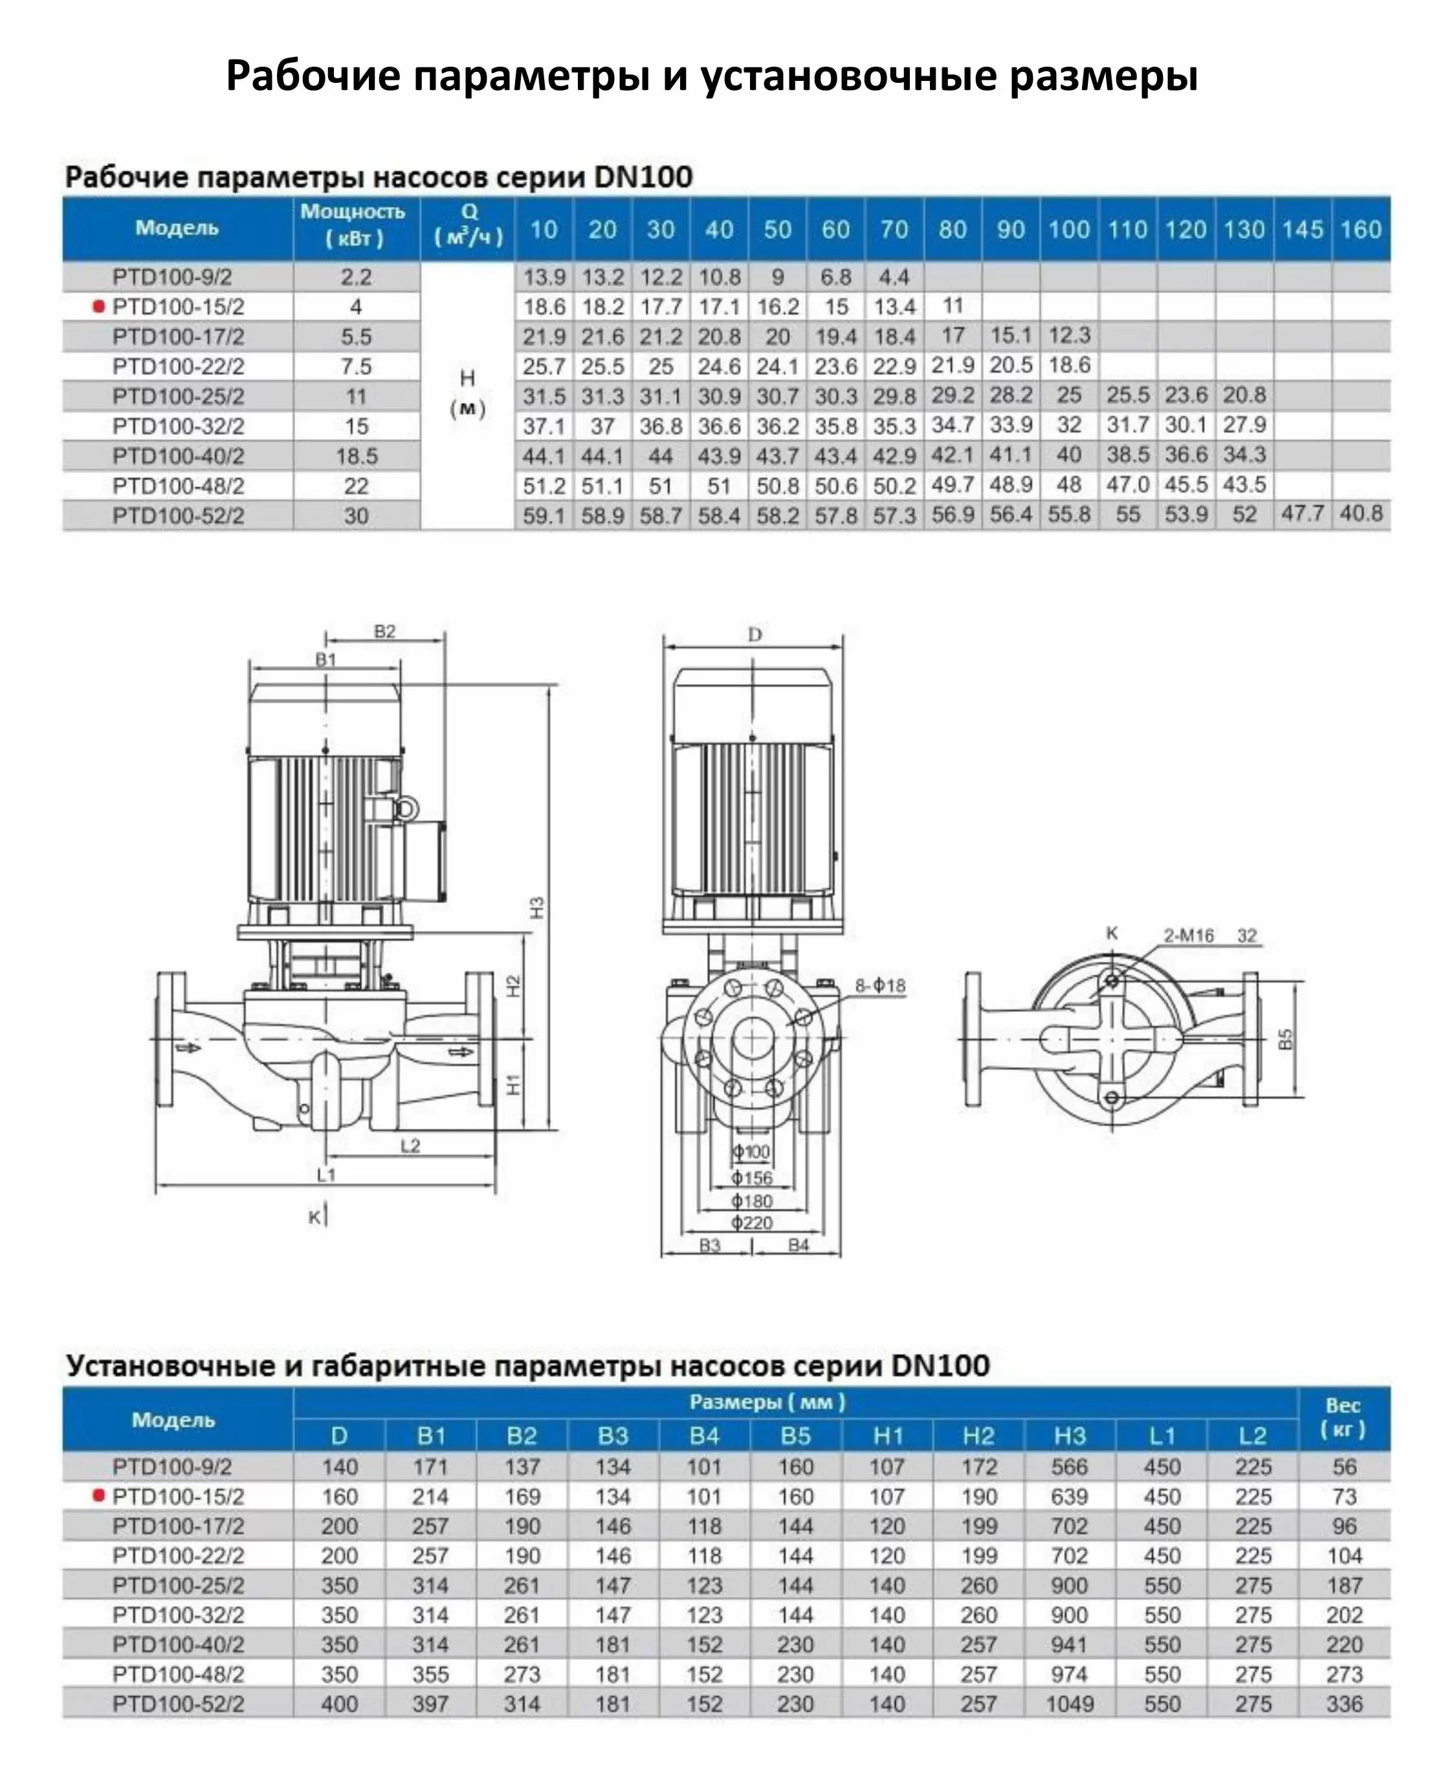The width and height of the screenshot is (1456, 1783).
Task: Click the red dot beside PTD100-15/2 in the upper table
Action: pyautogui.click(x=98, y=306)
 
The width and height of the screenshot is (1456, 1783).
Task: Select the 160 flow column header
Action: pyautogui.click(x=1360, y=229)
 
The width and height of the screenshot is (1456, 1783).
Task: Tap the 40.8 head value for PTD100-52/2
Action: pyautogui.click(x=1360, y=513)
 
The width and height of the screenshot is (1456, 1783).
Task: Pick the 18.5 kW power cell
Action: pyautogui.click(x=357, y=456)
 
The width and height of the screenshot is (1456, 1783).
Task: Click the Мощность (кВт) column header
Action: pyautogui.click(x=353, y=225)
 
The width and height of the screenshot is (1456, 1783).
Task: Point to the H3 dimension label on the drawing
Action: pyautogui.click(x=538, y=907)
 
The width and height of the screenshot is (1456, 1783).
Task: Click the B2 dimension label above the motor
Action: pyautogui.click(x=384, y=632)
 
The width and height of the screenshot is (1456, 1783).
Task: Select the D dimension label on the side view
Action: pyautogui.click(x=754, y=634)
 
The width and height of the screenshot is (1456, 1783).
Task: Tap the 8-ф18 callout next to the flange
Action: pyautogui.click(x=880, y=985)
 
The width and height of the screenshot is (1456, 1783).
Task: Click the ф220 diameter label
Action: pyautogui.click(x=751, y=1222)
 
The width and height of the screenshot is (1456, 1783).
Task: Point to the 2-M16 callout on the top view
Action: pyautogui.click(x=1189, y=936)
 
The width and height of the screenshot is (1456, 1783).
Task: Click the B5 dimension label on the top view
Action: pyautogui.click(x=1286, y=1038)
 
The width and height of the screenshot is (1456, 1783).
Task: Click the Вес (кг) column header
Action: pyautogui.click(x=1343, y=1417)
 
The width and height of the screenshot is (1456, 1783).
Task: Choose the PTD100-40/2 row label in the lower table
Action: pyautogui.click(x=178, y=1644)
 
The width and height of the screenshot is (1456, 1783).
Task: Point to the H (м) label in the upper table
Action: pyautogui.click(x=467, y=393)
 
